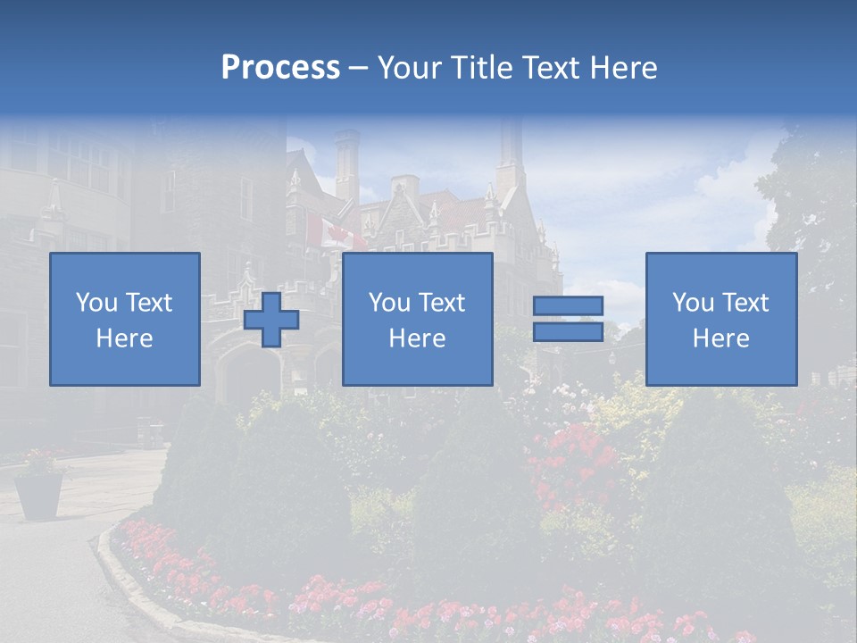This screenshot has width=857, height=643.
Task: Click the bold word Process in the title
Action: coord(280,68)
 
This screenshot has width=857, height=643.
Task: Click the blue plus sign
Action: coord(271,320)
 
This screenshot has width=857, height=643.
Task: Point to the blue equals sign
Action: coord(568,319)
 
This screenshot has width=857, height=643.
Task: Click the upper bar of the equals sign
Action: coord(568,306)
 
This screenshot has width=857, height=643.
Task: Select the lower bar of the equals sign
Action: coord(568,331)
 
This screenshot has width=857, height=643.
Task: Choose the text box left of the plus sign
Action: coord(124,319)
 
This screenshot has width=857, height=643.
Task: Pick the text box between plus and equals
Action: coord(417,319)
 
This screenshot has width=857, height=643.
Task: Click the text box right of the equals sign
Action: coord(721,319)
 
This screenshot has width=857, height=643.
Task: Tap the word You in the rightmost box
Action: coord(693,303)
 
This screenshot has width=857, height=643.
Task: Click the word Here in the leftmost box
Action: coord(124,338)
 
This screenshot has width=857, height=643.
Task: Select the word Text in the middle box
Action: coord(442,303)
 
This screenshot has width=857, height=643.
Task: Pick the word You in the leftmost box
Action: coord(96,303)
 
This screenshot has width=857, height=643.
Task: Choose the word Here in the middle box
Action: coord(417,338)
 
